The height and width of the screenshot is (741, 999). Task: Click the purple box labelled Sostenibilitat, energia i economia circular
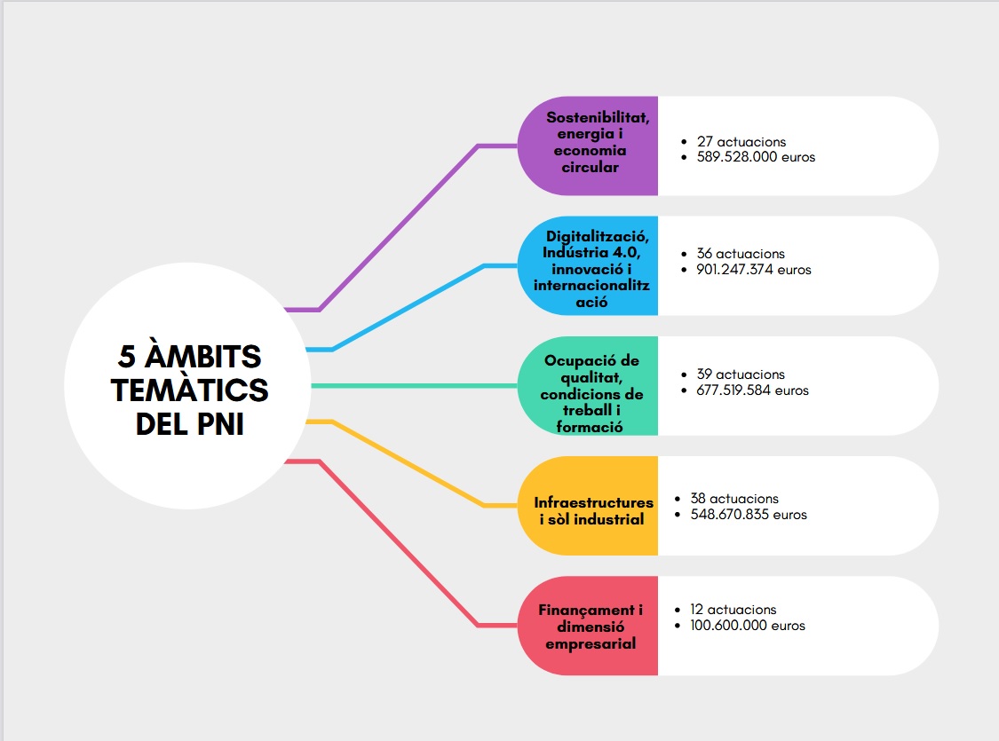[588, 146]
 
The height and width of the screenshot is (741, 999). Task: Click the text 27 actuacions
[741, 142]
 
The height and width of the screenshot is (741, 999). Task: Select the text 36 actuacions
[741, 254]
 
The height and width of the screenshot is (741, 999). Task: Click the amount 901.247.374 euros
[754, 270]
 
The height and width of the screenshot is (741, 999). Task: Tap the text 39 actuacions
[741, 374]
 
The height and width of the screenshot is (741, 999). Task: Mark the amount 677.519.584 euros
[753, 390]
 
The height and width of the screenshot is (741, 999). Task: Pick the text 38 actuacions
[734, 499]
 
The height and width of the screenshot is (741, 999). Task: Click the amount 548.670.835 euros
[749, 514]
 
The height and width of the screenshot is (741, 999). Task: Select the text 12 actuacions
[733, 610]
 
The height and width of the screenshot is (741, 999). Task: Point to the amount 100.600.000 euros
[748, 626]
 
